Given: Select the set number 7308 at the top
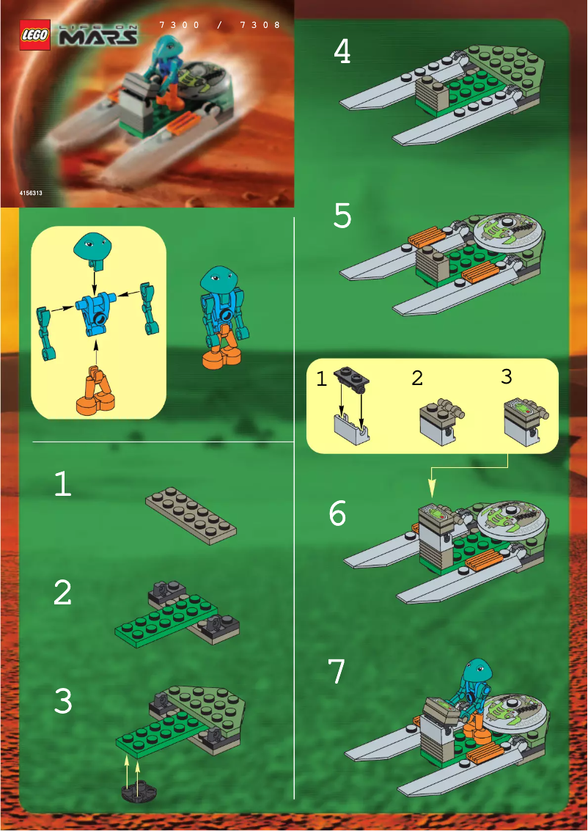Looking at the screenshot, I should pos(261,25).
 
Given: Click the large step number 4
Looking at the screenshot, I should pos(342,52).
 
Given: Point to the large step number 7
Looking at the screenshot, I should pos(336,672).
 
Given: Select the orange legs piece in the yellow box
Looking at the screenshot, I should pos(94,392).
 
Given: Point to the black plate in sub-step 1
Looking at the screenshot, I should pos(353,378).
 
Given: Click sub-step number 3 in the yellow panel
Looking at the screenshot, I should pos(506,376).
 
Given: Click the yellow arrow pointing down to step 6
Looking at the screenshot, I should pos(431,487).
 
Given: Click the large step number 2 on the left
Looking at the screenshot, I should pos(63,593).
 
